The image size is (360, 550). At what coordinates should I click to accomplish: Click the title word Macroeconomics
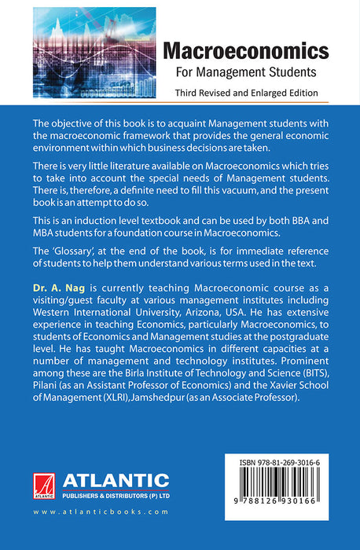pos(245,52)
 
